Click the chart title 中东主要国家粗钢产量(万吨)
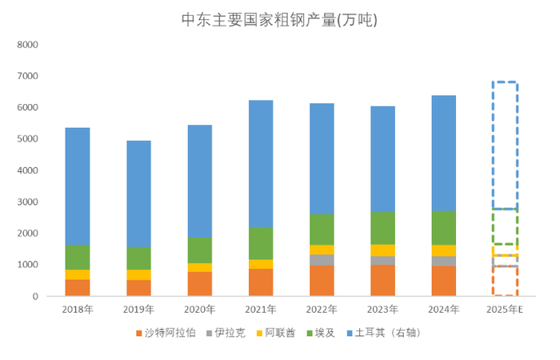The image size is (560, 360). (x=279, y=21)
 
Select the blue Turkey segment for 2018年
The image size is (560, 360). (x=77, y=186)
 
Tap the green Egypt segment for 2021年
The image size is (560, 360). (x=260, y=243)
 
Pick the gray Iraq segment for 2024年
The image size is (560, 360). (x=444, y=261)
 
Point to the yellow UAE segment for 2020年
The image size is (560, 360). (x=199, y=267)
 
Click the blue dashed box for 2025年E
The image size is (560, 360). (x=505, y=145)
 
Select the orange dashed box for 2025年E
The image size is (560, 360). (x=505, y=281)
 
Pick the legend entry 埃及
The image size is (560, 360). (x=327, y=332)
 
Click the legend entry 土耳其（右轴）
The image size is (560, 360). (x=387, y=332)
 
